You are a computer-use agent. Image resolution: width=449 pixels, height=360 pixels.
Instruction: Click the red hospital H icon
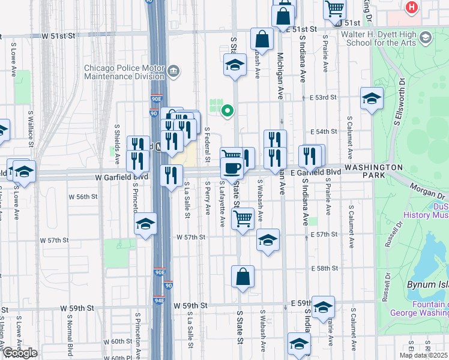[411, 7]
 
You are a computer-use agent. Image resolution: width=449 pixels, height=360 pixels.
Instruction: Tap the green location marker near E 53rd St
[227, 110]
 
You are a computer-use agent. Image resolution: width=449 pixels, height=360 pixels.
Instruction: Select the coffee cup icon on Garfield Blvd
[232, 167]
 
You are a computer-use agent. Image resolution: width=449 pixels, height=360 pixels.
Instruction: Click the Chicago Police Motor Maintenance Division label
[124, 72]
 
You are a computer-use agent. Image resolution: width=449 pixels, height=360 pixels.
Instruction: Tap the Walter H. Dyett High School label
[378, 38]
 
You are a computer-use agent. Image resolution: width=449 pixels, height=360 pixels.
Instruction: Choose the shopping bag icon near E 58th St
[243, 277]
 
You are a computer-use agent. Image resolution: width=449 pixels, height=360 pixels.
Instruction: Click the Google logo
[19, 353]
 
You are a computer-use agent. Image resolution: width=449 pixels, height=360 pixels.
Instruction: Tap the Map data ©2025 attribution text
[424, 355]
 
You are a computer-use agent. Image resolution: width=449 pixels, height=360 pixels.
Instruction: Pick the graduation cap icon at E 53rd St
[372, 98]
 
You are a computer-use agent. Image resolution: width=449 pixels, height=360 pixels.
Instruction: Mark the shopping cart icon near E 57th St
[243, 218]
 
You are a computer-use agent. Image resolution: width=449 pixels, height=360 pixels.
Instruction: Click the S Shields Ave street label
[117, 142]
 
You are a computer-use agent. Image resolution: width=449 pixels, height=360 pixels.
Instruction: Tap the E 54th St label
[322, 131]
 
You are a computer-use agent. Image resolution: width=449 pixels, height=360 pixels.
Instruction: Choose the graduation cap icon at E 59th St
[323, 307]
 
